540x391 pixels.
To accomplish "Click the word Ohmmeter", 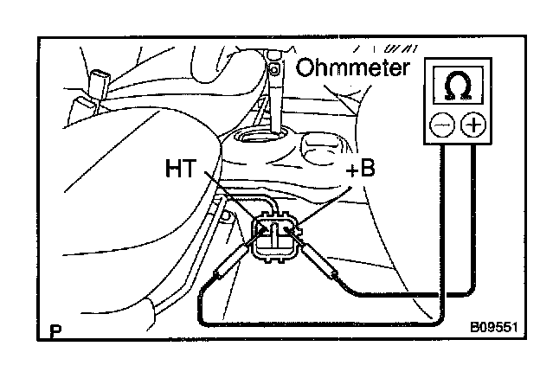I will [x=350, y=67].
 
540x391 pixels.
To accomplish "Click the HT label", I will [x=182, y=171].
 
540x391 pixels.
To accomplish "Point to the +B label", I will [x=360, y=170].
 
